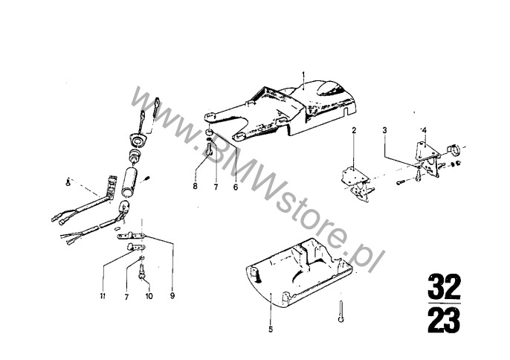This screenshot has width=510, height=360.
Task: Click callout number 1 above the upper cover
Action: pyautogui.click(x=304, y=74)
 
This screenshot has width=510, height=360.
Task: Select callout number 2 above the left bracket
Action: pyautogui.click(x=355, y=131)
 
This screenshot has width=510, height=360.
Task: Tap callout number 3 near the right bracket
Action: pyautogui.click(x=384, y=131)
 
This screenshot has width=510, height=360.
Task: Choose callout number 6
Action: pyautogui.click(x=235, y=187)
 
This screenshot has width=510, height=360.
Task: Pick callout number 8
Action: pyautogui.click(x=196, y=187)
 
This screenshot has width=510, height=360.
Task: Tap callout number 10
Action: pyautogui.click(x=149, y=296)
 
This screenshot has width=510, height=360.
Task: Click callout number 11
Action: pyautogui.click(x=103, y=296)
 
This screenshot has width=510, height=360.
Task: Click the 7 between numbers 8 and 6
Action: pyautogui.click(x=215, y=187)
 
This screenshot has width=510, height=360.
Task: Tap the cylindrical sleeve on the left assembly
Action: pyautogui.click(x=132, y=179)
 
